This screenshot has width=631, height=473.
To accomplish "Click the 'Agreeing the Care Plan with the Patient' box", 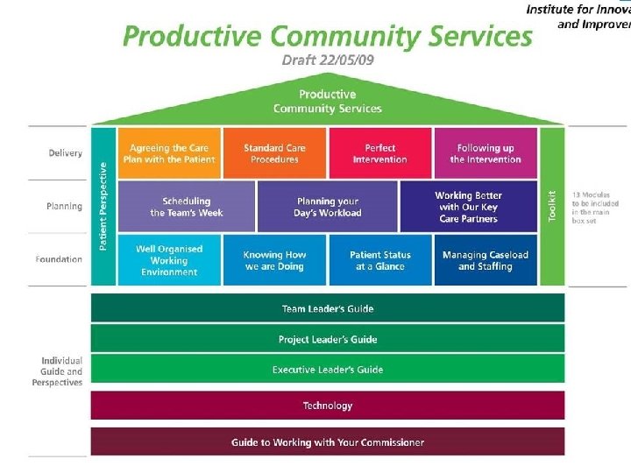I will click(x=168, y=153).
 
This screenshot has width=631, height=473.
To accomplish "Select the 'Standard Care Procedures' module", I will click(x=274, y=153).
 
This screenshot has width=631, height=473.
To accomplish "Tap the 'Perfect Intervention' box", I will click(x=379, y=153).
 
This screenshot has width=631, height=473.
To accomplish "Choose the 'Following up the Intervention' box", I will click(x=485, y=153).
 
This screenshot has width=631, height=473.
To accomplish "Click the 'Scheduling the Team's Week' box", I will click(x=186, y=207).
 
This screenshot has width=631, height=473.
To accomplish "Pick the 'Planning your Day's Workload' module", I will click(x=328, y=207).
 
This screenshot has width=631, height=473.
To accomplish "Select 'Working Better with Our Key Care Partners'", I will click(x=468, y=207).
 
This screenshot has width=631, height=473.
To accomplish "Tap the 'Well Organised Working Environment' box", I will click(x=168, y=260).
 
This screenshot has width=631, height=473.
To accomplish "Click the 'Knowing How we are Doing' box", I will click(x=274, y=260).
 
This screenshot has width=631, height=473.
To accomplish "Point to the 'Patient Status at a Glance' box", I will click(x=379, y=260).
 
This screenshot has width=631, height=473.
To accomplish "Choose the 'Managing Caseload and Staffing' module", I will click(x=485, y=260).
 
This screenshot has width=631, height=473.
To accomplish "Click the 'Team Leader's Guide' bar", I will click(x=328, y=308).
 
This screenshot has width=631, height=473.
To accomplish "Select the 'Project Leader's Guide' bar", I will click(x=328, y=339).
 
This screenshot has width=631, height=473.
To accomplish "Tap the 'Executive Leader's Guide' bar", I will click(x=328, y=370).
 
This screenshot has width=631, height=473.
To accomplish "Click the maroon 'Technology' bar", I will click(x=328, y=406).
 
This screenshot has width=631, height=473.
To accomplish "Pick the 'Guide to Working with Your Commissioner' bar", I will click(x=328, y=442).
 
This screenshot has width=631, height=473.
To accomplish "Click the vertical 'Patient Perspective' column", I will click(x=103, y=207).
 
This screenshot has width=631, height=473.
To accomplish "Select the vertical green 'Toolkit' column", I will click(x=552, y=207).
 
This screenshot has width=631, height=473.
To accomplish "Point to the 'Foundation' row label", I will click(x=60, y=259).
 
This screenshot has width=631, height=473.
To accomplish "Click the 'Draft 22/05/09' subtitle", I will click(x=327, y=60).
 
